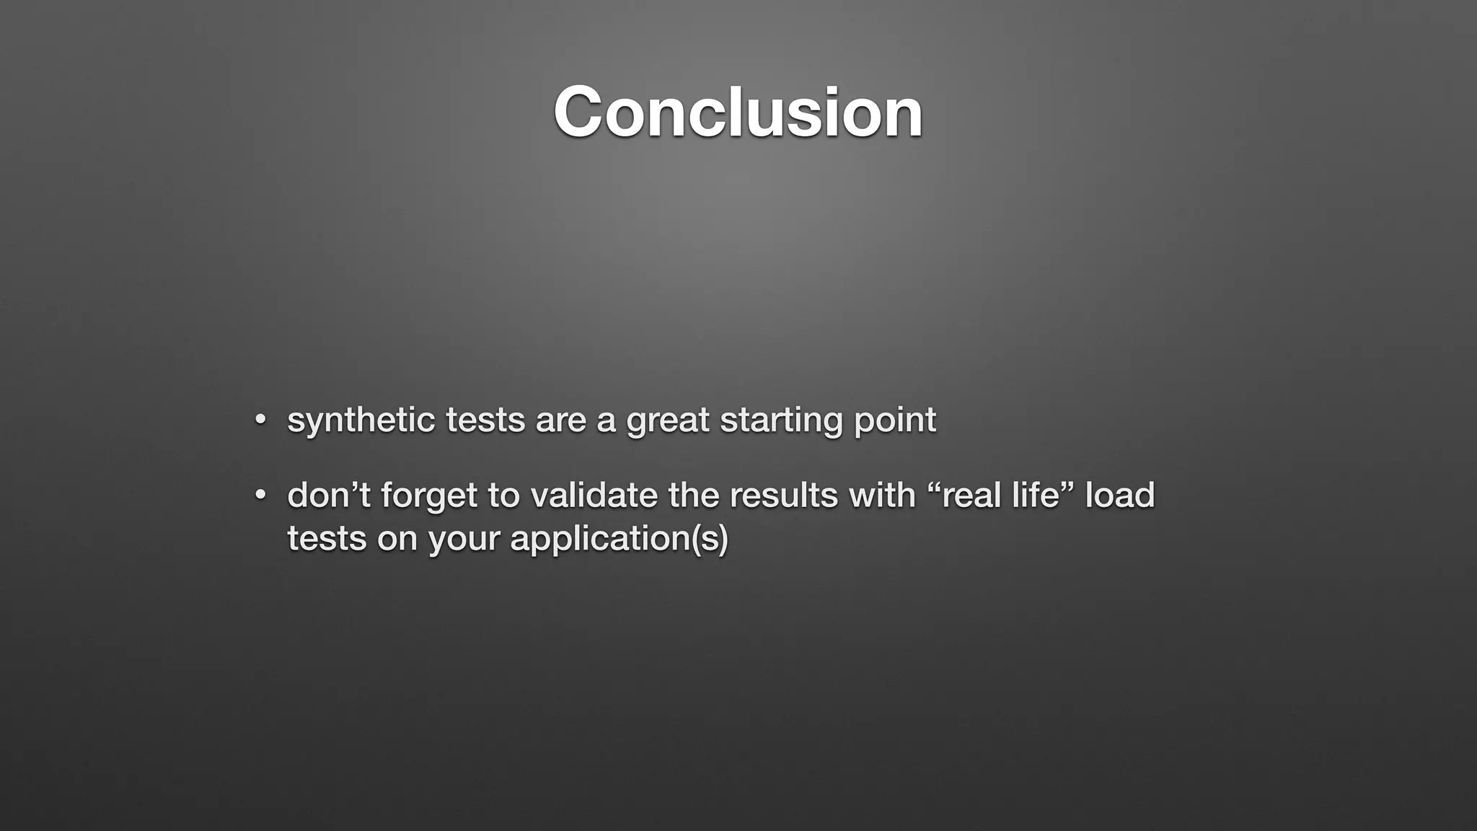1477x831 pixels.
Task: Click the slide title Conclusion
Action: [x=738, y=112]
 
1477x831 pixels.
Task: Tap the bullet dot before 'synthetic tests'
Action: [x=261, y=419]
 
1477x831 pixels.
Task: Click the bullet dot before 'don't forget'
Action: [x=261, y=495]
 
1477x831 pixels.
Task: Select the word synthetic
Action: [x=361, y=421]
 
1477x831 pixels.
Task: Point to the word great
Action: [x=667, y=421]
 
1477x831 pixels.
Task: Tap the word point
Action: [x=895, y=421]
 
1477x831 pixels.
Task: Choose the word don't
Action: [x=328, y=496]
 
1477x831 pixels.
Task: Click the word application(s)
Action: [x=619, y=539]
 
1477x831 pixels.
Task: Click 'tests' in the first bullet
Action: [x=485, y=421]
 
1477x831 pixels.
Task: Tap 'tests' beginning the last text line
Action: [x=327, y=539]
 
